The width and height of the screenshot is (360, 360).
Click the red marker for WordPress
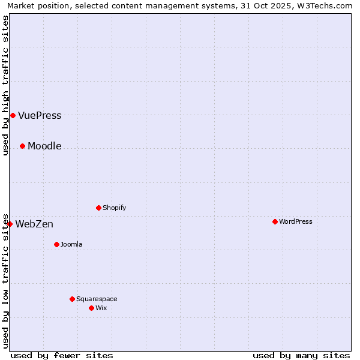[x=275, y=221]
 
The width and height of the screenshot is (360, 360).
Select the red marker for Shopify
[x=98, y=208]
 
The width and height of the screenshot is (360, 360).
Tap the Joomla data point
[x=56, y=244]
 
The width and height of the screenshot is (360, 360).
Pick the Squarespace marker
[x=72, y=299]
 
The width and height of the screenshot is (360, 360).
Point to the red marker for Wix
[x=91, y=308]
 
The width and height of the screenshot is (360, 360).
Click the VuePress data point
[x=13, y=115]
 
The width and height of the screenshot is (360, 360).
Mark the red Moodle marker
[x=22, y=146]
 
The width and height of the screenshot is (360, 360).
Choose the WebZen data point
[x=10, y=224]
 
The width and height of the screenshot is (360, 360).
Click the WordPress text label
[x=295, y=221]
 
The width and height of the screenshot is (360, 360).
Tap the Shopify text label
[x=114, y=208]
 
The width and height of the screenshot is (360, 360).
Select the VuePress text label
[x=40, y=116]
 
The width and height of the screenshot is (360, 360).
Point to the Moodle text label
[x=44, y=146]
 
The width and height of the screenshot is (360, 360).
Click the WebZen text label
[x=34, y=224]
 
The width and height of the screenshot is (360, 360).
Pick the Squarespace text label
[x=97, y=299]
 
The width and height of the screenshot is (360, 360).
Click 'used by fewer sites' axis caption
[x=62, y=355]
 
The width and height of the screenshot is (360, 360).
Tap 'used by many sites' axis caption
[x=301, y=355]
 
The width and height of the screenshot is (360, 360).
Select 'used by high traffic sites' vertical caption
[x=5, y=86]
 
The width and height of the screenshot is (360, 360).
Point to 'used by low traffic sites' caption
[x=5, y=280]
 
